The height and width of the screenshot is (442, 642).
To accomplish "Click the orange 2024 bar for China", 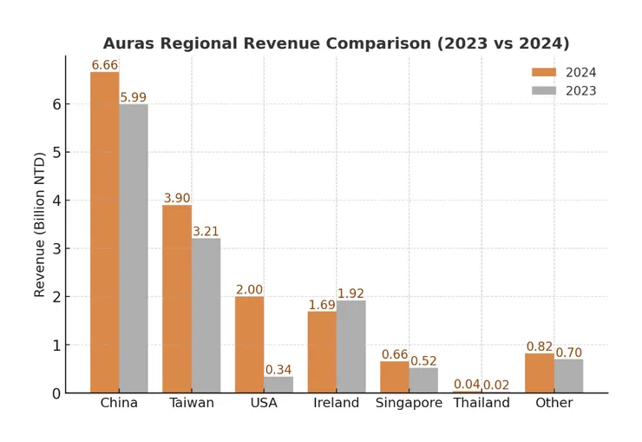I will point(105,232).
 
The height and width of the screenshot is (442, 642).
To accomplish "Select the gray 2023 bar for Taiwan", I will point(206,315).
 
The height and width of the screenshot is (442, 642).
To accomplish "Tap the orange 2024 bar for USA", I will point(249,345).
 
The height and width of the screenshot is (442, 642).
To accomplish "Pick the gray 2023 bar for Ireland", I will point(350,346).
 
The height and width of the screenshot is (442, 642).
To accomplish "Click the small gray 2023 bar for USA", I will point(278,385).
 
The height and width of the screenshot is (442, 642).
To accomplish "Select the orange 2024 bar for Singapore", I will point(394,377).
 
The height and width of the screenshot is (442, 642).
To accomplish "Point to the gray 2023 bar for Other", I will point(568,376).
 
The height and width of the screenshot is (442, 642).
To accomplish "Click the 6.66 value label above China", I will point(105,65).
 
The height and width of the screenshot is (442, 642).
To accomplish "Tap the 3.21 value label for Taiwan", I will point(206,232).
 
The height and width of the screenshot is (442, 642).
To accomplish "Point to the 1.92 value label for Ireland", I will point(350,294).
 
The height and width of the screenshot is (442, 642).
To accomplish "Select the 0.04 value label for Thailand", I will point(467,385).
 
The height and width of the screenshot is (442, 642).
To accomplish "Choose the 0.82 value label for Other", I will point(540,346).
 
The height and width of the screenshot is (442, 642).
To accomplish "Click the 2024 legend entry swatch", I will point(544,73).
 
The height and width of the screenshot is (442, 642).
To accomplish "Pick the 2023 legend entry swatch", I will point(544,91).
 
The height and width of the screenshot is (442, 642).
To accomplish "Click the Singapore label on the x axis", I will point(409,403).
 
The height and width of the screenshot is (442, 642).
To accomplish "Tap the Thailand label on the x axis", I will point(481,403).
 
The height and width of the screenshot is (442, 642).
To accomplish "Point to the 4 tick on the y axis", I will point(56,201).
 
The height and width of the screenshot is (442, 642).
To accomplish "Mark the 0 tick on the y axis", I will point(56,393).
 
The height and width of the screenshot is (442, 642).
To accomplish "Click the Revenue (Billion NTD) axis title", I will point(40,223).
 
